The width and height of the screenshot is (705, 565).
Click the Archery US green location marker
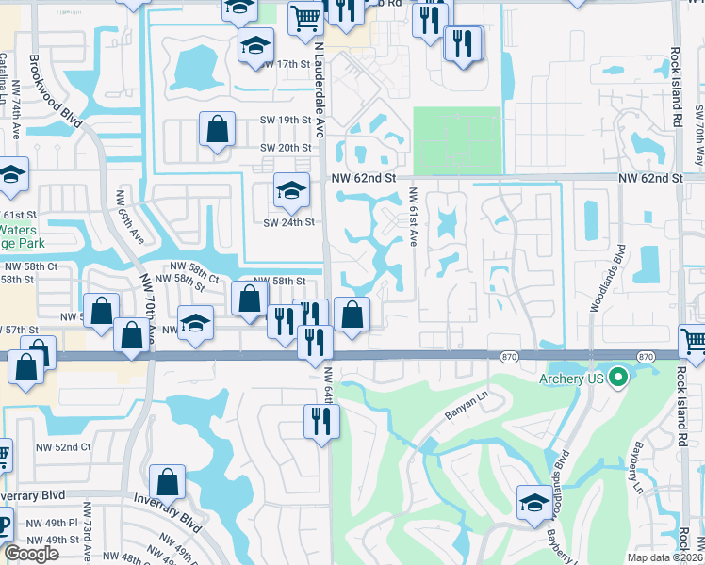tap(618, 379)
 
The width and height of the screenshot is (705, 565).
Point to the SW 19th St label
tap(286, 120)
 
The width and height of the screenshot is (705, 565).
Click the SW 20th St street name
tap(286, 148)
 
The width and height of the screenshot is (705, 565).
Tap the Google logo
tap(32, 554)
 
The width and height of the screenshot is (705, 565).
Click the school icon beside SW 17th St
tap(255, 45)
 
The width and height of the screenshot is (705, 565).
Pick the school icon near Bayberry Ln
tap(534, 501)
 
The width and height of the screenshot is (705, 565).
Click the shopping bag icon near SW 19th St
tap(217, 129)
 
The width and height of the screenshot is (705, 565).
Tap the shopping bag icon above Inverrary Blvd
tap(167, 482)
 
